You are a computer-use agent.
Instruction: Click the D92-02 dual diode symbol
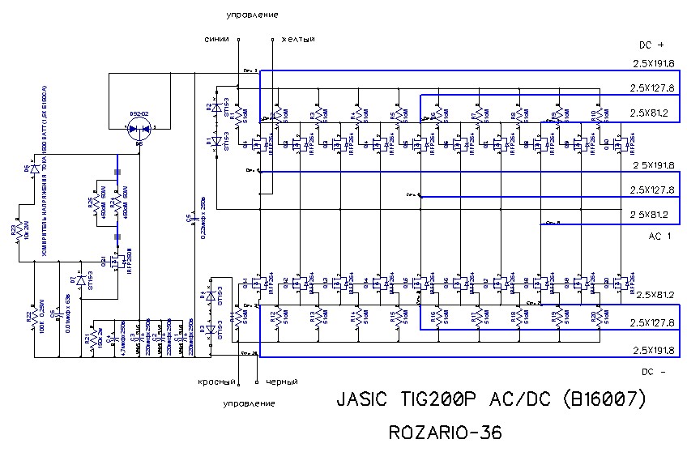[139, 128]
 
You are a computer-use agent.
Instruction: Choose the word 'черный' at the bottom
[279, 381]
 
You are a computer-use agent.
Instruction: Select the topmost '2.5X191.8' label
[655, 63]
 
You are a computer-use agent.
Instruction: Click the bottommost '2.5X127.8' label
[655, 322]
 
